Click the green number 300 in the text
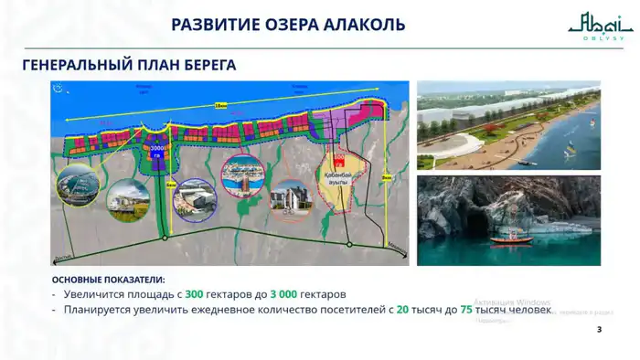pos(194,295)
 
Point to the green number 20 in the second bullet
pos(402,311)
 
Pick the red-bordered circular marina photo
pos(242,176)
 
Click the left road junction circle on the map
pos(165,238)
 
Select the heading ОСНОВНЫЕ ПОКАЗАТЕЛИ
pos(109,279)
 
